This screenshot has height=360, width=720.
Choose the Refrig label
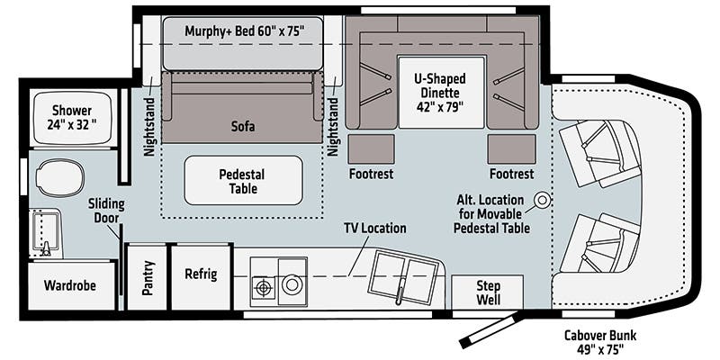click(x=201, y=274)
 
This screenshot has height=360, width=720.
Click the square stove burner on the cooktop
click(x=264, y=287)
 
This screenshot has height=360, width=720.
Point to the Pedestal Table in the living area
click(x=243, y=180)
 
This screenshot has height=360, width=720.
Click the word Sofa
click(x=241, y=127)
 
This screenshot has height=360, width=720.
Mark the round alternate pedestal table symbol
click(x=542, y=200)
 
